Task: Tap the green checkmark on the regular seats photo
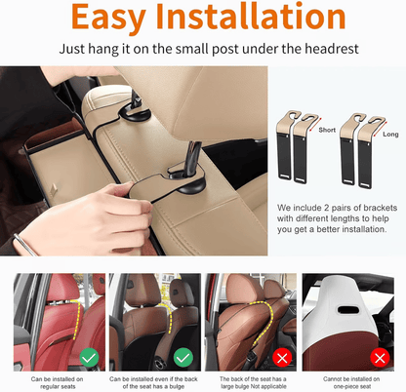89,358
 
